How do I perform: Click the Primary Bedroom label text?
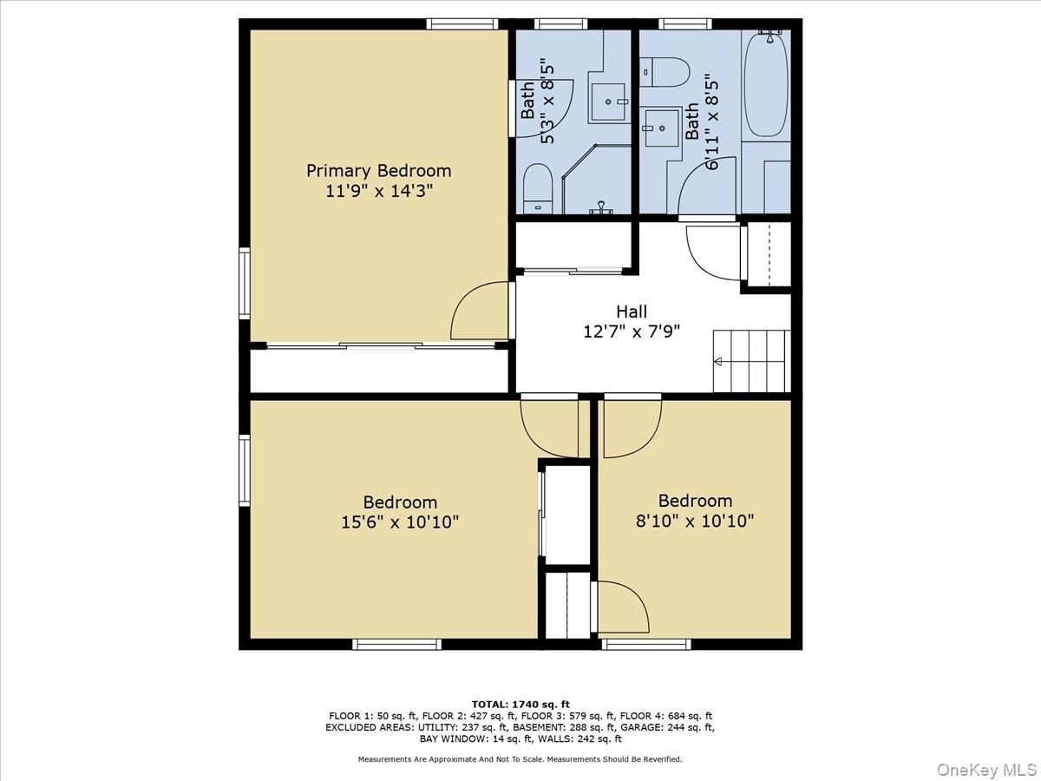[378, 171]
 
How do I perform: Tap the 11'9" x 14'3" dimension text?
[379, 192]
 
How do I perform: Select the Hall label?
[632, 312]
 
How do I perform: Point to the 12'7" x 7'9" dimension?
[632, 331]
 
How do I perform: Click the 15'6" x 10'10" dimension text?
[400, 522]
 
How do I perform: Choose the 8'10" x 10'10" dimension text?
[694, 522]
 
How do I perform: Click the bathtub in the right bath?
[766, 84]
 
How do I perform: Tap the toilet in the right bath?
[664, 72]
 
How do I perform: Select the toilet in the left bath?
[538, 188]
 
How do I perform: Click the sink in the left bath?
[608, 102]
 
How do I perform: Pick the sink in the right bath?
[661, 128]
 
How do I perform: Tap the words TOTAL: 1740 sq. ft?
[520, 704]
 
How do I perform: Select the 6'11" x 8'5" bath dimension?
[711, 121]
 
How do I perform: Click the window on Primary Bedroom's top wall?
[462, 23]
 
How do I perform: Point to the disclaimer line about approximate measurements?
[520, 759]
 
